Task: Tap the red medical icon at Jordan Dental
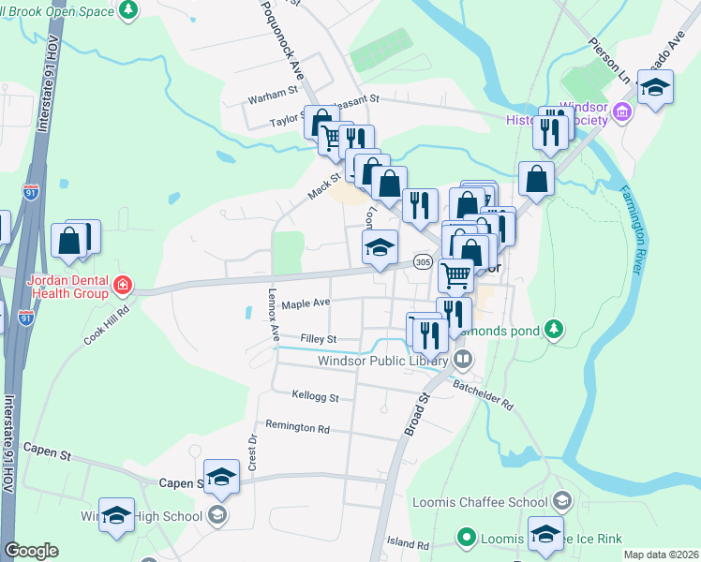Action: (121, 284)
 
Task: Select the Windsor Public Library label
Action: (384, 360)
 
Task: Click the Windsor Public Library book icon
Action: (463, 359)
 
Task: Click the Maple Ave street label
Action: (306, 303)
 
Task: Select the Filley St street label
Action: (318, 338)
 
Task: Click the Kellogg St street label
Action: (315, 396)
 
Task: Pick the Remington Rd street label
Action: (297, 428)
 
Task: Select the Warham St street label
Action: (272, 96)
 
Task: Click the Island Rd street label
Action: (409, 544)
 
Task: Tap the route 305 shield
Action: (422, 262)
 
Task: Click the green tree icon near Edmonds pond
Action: (555, 329)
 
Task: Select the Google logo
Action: (31, 551)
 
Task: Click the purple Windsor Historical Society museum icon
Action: (620, 113)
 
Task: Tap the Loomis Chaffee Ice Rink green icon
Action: (466, 538)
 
